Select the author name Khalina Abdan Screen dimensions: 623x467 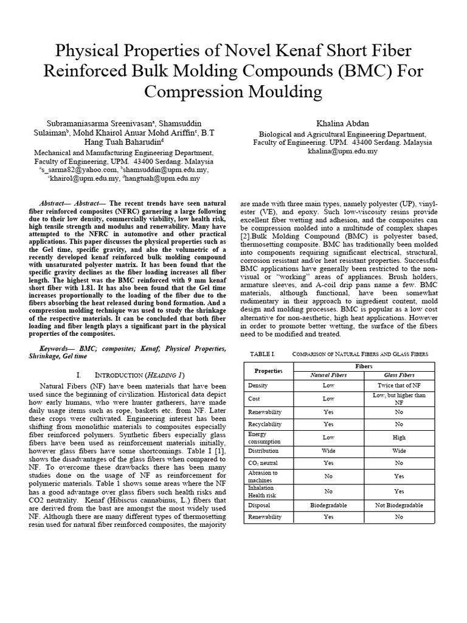pyautogui.click(x=342, y=122)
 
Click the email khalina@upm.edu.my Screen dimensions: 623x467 pyautogui.click(x=342, y=151)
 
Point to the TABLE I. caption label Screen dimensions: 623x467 pyautogui.click(x=263, y=353)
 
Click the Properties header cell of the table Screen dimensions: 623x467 pyautogui.click(x=268, y=371)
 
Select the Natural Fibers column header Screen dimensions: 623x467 pyautogui.click(x=328, y=375)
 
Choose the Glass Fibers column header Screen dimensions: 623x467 pyautogui.click(x=399, y=375)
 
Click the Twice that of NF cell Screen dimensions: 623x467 pyautogui.click(x=399, y=386)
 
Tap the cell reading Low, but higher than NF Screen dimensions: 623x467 pyautogui.click(x=399, y=399)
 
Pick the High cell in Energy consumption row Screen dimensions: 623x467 pyautogui.click(x=399, y=437)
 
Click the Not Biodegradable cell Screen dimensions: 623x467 pyautogui.click(x=399, y=504)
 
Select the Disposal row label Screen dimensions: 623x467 pyautogui.click(x=259, y=504)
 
